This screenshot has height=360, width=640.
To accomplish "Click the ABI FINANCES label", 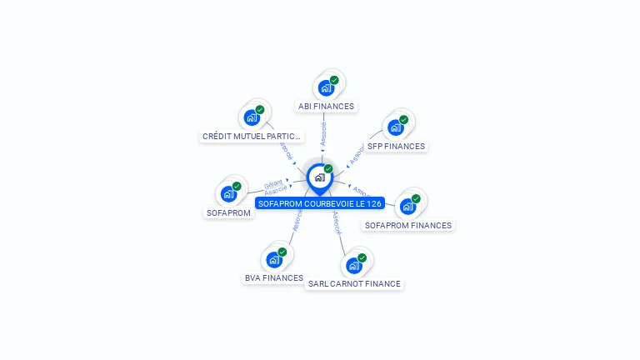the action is pyautogui.click(x=327, y=107).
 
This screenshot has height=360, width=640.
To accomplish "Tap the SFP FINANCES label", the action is pyautogui.click(x=396, y=147).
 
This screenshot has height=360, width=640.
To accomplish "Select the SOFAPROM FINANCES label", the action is pyautogui.click(x=408, y=225).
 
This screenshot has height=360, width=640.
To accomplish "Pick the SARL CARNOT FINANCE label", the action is pyautogui.click(x=354, y=283).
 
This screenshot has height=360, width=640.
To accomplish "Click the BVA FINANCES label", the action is pyautogui.click(x=273, y=277).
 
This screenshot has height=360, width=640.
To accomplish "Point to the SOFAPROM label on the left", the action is pyautogui.click(x=228, y=212).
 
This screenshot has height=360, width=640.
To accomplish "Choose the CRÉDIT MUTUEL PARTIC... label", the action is pyautogui.click(x=252, y=136).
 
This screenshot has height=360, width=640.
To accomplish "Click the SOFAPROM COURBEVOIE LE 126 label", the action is pyautogui.click(x=320, y=203).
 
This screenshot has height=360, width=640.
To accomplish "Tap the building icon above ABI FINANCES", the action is pyautogui.click(x=326, y=87).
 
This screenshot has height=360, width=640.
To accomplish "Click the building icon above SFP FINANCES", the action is pyautogui.click(x=396, y=127).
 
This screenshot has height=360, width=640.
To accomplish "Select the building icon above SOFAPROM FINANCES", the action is pyautogui.click(x=407, y=206).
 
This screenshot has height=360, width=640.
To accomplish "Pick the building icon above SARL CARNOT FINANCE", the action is pyautogui.click(x=353, y=266).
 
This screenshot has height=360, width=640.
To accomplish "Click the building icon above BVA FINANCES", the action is pyautogui.click(x=273, y=259).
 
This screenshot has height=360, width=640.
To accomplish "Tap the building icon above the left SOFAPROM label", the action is pyautogui.click(x=228, y=194).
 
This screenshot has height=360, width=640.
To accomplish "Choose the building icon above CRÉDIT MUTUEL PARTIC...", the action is pyautogui.click(x=252, y=117).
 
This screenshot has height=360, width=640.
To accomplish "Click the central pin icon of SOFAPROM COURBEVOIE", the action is pyautogui.click(x=319, y=177).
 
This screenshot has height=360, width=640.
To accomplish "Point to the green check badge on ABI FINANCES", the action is pyautogui.click(x=334, y=80).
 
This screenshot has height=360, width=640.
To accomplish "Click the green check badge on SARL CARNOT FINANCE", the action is pyautogui.click(x=362, y=258).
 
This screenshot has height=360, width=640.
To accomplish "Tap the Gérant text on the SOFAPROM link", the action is pyautogui.click(x=273, y=184).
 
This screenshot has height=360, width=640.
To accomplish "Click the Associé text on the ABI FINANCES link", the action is pyautogui.click(x=323, y=132).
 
